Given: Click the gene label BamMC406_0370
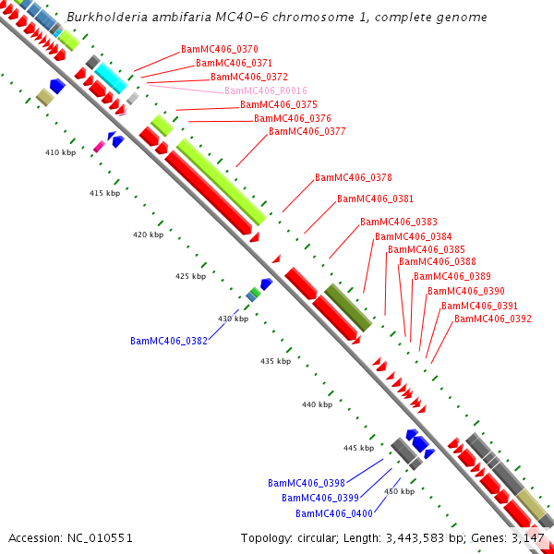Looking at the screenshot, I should (x=220, y=49).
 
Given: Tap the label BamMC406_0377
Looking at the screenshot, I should (x=307, y=132).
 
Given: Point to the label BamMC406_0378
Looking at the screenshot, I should (x=354, y=177).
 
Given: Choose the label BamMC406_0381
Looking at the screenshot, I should (x=375, y=199).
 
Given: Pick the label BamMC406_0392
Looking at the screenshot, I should (x=493, y=319).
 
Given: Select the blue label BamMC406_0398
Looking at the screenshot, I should (x=307, y=484).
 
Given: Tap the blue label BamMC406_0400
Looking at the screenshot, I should (x=334, y=513).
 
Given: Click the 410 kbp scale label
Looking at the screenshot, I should (x=60, y=152).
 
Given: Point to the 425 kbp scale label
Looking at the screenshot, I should (x=190, y=276).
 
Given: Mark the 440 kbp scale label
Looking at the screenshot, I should (x=317, y=404).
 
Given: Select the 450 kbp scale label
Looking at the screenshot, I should (x=399, y=491).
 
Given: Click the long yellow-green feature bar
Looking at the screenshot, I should (x=221, y=182).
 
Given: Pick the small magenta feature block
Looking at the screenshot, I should (x=99, y=146).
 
